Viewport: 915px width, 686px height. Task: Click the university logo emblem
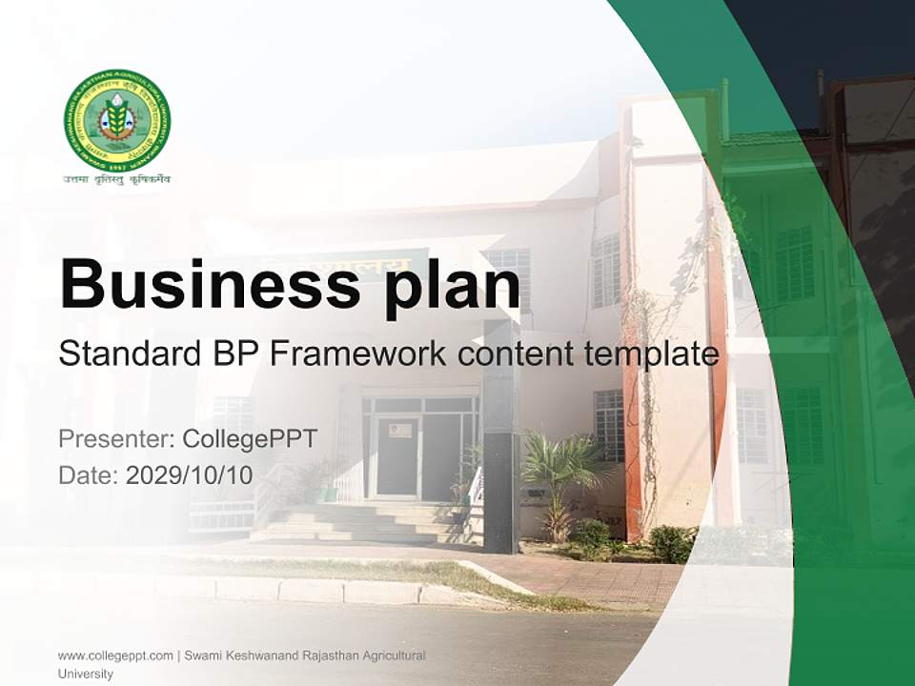[117, 120]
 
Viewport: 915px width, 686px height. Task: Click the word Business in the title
[204, 283]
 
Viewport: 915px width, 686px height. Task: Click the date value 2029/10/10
[189, 475]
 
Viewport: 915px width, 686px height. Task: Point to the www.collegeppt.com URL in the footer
[115, 656]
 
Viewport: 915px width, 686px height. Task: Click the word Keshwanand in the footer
[251, 656]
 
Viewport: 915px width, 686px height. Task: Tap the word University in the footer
[85, 674]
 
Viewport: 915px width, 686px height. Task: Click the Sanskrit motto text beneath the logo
[117, 179]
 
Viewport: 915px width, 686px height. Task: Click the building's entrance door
[396, 455]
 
